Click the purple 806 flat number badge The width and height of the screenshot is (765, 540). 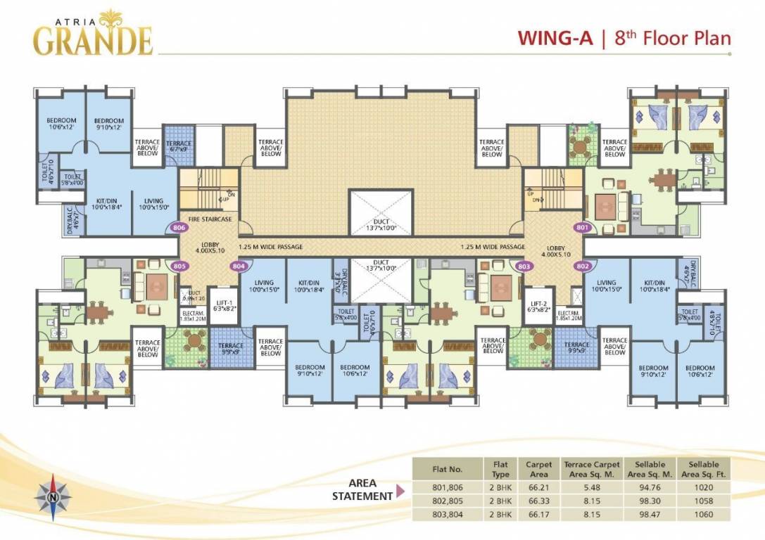[x=179, y=228]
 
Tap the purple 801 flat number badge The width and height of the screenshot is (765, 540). [x=581, y=228]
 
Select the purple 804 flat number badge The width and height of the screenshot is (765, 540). [x=239, y=266]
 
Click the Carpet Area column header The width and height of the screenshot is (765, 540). [x=538, y=468]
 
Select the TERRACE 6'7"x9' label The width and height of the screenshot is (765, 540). [x=178, y=146]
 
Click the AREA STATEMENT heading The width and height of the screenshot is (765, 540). [x=362, y=490]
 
